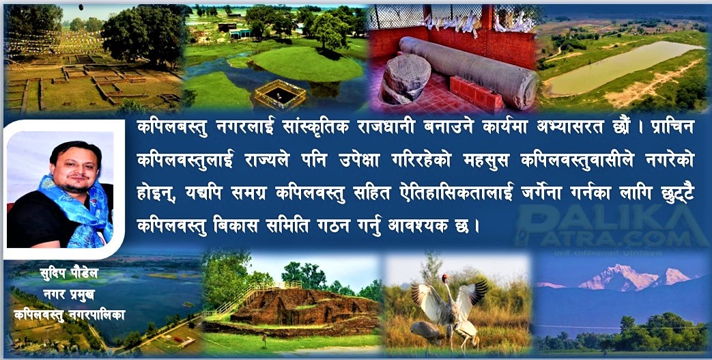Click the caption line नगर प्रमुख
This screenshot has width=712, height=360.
tap(69, 294)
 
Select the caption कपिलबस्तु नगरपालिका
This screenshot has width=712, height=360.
tap(69, 314)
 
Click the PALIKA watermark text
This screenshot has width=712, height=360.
tap(608, 219)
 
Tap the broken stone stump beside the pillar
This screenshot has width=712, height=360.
tap(405, 78)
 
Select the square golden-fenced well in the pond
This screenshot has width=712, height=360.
tap(280, 94)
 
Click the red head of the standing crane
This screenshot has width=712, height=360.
tap(446, 277)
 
